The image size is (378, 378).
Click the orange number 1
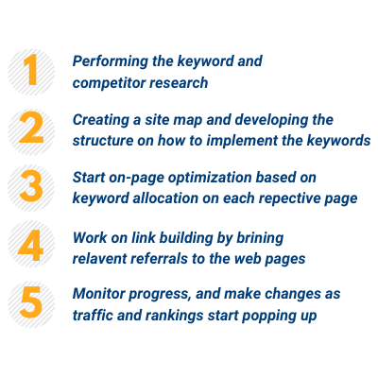point(31,70)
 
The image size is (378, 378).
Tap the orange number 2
point(31,128)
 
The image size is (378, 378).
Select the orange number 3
point(31,186)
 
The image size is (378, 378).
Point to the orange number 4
point(30,245)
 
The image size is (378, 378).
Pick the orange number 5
point(31,301)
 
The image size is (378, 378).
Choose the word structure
point(103,141)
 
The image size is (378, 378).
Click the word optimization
point(210,178)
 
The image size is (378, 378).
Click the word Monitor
point(99,294)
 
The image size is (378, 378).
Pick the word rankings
point(175,316)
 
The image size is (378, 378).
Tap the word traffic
point(93,315)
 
